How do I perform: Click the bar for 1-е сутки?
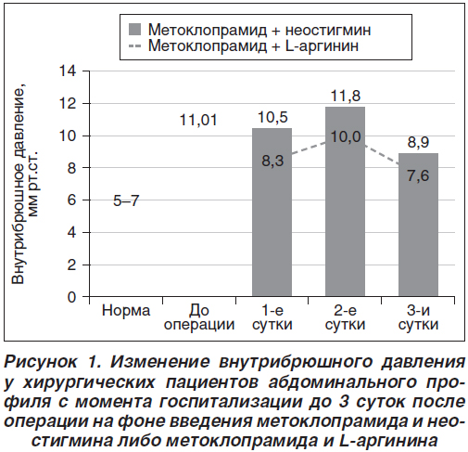point(272,213)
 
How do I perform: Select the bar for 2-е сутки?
point(345,201)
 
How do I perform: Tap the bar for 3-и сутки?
point(418,225)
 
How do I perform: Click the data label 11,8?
point(346,96)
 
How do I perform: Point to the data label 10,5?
point(272,118)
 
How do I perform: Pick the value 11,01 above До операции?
point(198,120)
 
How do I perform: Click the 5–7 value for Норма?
point(126,201)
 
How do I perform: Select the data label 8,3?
point(272,161)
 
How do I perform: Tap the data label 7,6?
point(418,175)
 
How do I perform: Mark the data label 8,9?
point(418,142)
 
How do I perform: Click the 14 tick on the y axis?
point(67,71)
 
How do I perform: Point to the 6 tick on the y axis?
point(71,200)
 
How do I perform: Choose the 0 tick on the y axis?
point(71,297)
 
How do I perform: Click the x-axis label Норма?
point(126,311)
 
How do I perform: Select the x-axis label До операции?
point(199,317)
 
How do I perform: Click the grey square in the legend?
point(134,30)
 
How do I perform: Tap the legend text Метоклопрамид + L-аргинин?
point(253,45)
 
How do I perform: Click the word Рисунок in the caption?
point(41,362)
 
